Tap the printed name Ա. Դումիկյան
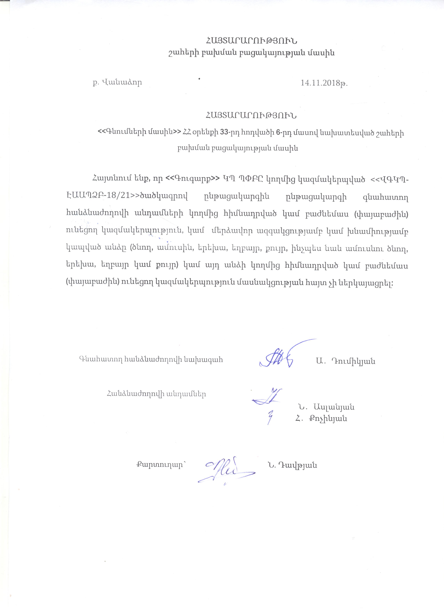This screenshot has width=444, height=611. click(x=346, y=361)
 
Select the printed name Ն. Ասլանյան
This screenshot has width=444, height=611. click(x=326, y=407)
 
